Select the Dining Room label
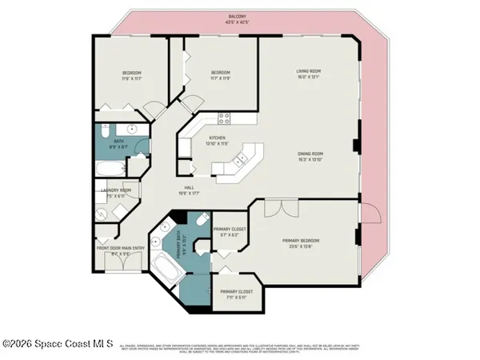(309, 156)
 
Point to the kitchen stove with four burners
(225, 118)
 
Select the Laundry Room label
(114, 193)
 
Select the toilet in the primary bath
(201, 219)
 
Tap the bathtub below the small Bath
(109, 168)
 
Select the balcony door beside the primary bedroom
(369, 214)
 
